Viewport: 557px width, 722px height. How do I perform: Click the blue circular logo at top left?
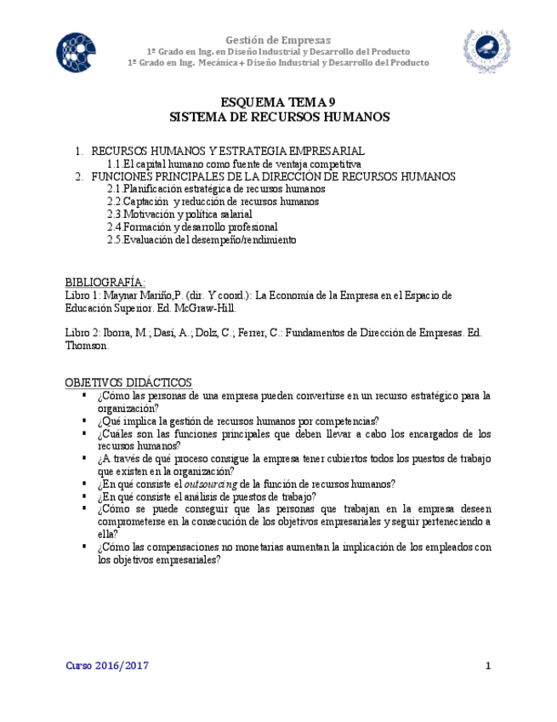pyautogui.click(x=77, y=53)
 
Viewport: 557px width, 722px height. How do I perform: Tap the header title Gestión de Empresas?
pyautogui.click(x=278, y=40)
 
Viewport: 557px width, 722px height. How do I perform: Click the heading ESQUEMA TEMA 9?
pyautogui.click(x=278, y=100)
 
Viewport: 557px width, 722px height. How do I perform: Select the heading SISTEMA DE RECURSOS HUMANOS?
pyautogui.click(x=279, y=116)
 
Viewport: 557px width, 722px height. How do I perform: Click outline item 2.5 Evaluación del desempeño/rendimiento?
pyautogui.click(x=202, y=240)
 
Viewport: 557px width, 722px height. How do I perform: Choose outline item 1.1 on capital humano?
pyautogui.click(x=234, y=163)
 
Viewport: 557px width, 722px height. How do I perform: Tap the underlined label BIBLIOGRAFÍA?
pyautogui.click(x=105, y=282)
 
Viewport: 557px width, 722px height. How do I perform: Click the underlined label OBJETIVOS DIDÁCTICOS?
pyautogui.click(x=128, y=382)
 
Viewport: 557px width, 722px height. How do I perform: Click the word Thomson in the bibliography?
pyautogui.click(x=85, y=346)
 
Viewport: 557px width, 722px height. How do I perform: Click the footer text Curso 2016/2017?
pyautogui.click(x=107, y=666)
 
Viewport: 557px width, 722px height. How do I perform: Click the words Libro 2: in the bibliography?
pyautogui.click(x=82, y=333)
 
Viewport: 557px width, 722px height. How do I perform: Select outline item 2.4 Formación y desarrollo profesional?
pyautogui.click(x=192, y=227)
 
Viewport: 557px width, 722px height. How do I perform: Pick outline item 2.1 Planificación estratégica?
pyautogui.click(x=216, y=189)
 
